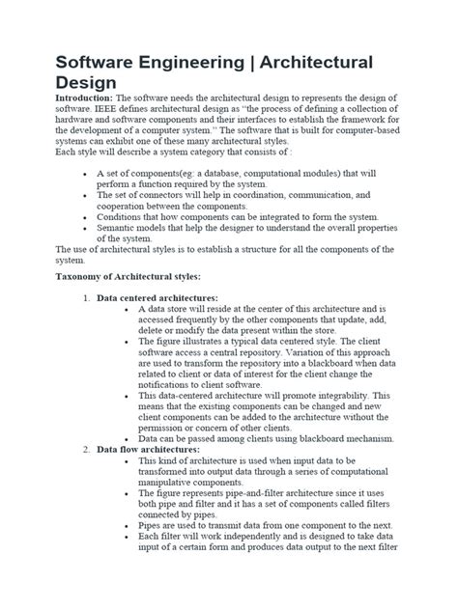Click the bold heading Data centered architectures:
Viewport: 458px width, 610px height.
[157, 298]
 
